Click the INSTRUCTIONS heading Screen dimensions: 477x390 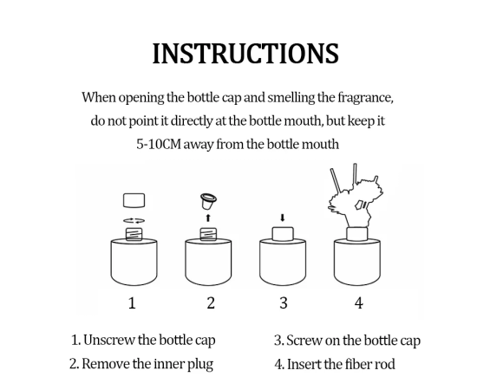click(245, 54)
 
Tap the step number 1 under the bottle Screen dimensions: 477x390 click(132, 303)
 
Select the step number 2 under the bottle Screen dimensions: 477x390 click(211, 303)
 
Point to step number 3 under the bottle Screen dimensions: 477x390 click(284, 303)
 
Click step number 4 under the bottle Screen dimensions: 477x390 click(359, 303)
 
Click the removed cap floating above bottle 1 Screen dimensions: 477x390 click(134, 200)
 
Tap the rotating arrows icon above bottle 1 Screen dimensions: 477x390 click(134, 221)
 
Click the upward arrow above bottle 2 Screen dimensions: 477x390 click(208, 218)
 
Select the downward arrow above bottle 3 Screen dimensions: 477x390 click(283, 218)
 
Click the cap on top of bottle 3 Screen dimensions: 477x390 click(283, 234)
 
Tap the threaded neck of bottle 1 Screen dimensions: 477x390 click(134, 234)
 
